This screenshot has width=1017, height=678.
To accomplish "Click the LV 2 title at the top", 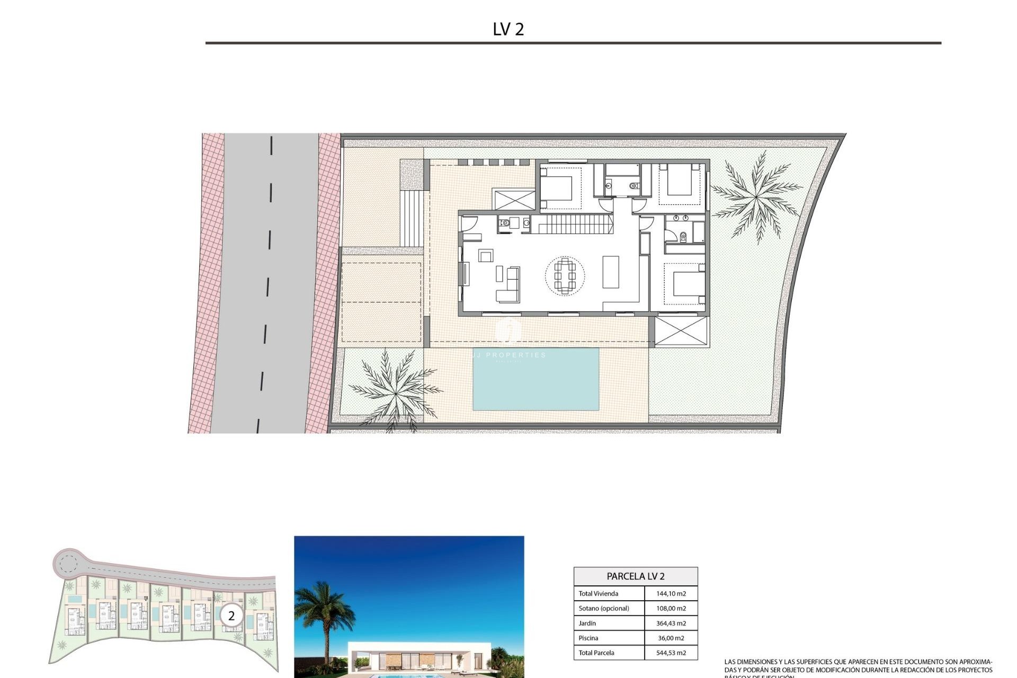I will [x=508, y=29].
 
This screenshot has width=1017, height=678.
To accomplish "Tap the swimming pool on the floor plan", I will [x=536, y=379].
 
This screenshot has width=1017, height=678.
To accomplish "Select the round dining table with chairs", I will [x=565, y=275].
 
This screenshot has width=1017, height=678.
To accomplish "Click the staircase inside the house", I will [x=572, y=224].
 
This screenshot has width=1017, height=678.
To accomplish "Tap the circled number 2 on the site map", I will [x=231, y=616].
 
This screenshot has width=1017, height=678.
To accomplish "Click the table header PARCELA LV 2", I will [x=635, y=576].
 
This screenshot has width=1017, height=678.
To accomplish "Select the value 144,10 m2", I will [x=671, y=594].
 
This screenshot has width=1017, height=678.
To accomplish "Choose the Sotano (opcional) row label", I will [x=603, y=609].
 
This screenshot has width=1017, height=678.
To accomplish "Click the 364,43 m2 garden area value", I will [x=671, y=623].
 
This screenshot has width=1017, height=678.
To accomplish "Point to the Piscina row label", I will [x=588, y=638].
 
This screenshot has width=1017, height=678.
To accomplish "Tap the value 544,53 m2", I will [x=671, y=653].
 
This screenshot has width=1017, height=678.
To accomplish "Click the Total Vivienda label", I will [x=598, y=594].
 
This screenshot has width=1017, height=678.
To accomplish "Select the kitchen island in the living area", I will [x=611, y=272].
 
